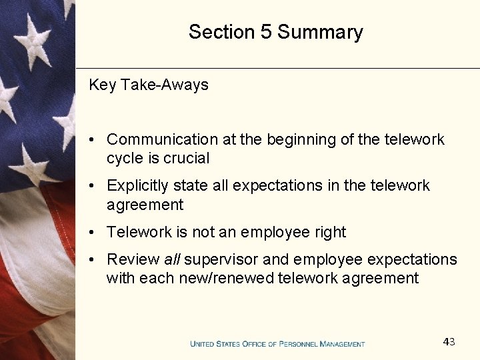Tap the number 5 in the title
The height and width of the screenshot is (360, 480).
tap(265, 32)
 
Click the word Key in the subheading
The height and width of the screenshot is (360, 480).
tap(102, 85)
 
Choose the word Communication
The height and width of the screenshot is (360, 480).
tap(162, 139)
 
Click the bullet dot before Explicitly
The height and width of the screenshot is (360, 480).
tap(94, 186)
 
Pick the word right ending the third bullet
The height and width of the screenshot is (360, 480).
tap(331, 233)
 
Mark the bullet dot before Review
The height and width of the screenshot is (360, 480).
tap(94, 259)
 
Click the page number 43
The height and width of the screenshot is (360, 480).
tap(449, 342)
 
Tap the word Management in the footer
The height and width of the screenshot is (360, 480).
tap(343, 344)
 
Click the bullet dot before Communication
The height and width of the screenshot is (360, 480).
tap(94, 140)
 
